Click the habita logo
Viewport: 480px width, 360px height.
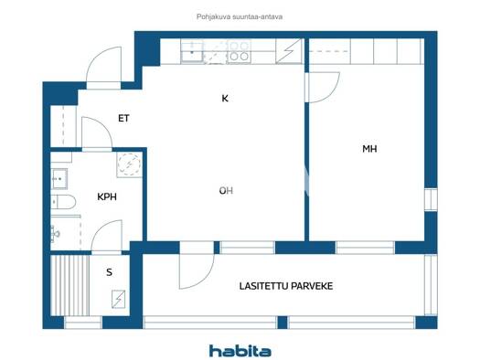[x=240, y=351]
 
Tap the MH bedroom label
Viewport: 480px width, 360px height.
[x=369, y=149]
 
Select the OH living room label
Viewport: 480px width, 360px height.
[x=226, y=191]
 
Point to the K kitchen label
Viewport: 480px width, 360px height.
[x=225, y=99]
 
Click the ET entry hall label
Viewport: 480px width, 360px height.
[x=123, y=119]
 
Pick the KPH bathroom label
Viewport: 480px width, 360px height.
[x=107, y=196]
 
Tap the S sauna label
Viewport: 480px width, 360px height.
[x=110, y=272]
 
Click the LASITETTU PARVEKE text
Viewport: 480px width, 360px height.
[x=286, y=286]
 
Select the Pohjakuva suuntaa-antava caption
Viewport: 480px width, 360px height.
[x=240, y=16]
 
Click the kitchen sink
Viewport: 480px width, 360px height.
[x=192, y=51]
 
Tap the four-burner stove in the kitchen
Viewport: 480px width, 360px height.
[x=239, y=51]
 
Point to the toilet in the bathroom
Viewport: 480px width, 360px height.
[x=63, y=202]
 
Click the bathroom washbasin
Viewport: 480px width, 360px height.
[x=59, y=178]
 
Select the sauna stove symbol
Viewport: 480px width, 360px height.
[x=119, y=299]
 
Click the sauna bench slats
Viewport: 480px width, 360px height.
[x=70, y=285]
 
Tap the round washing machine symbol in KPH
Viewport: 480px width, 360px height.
[x=130, y=164]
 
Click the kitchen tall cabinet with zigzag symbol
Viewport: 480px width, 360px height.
[x=289, y=51]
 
